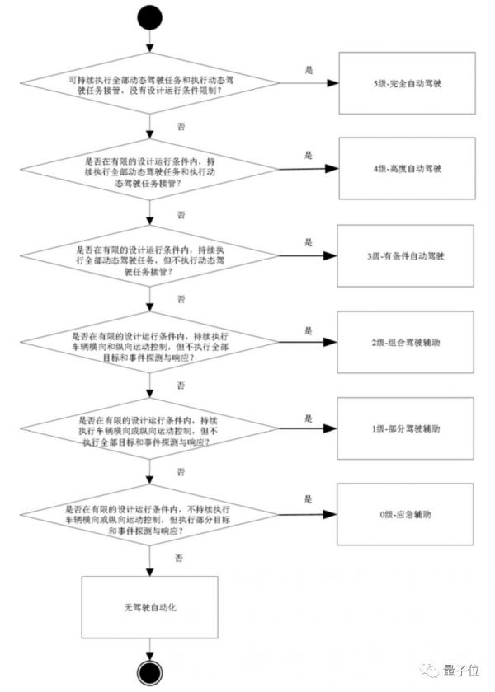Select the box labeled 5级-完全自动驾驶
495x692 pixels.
pos(408,84)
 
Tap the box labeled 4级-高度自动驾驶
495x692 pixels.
pos(408,169)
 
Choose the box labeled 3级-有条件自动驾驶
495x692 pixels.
pos(408,256)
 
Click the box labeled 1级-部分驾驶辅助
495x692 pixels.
pos(408,429)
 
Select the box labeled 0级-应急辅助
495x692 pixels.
pos(408,514)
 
